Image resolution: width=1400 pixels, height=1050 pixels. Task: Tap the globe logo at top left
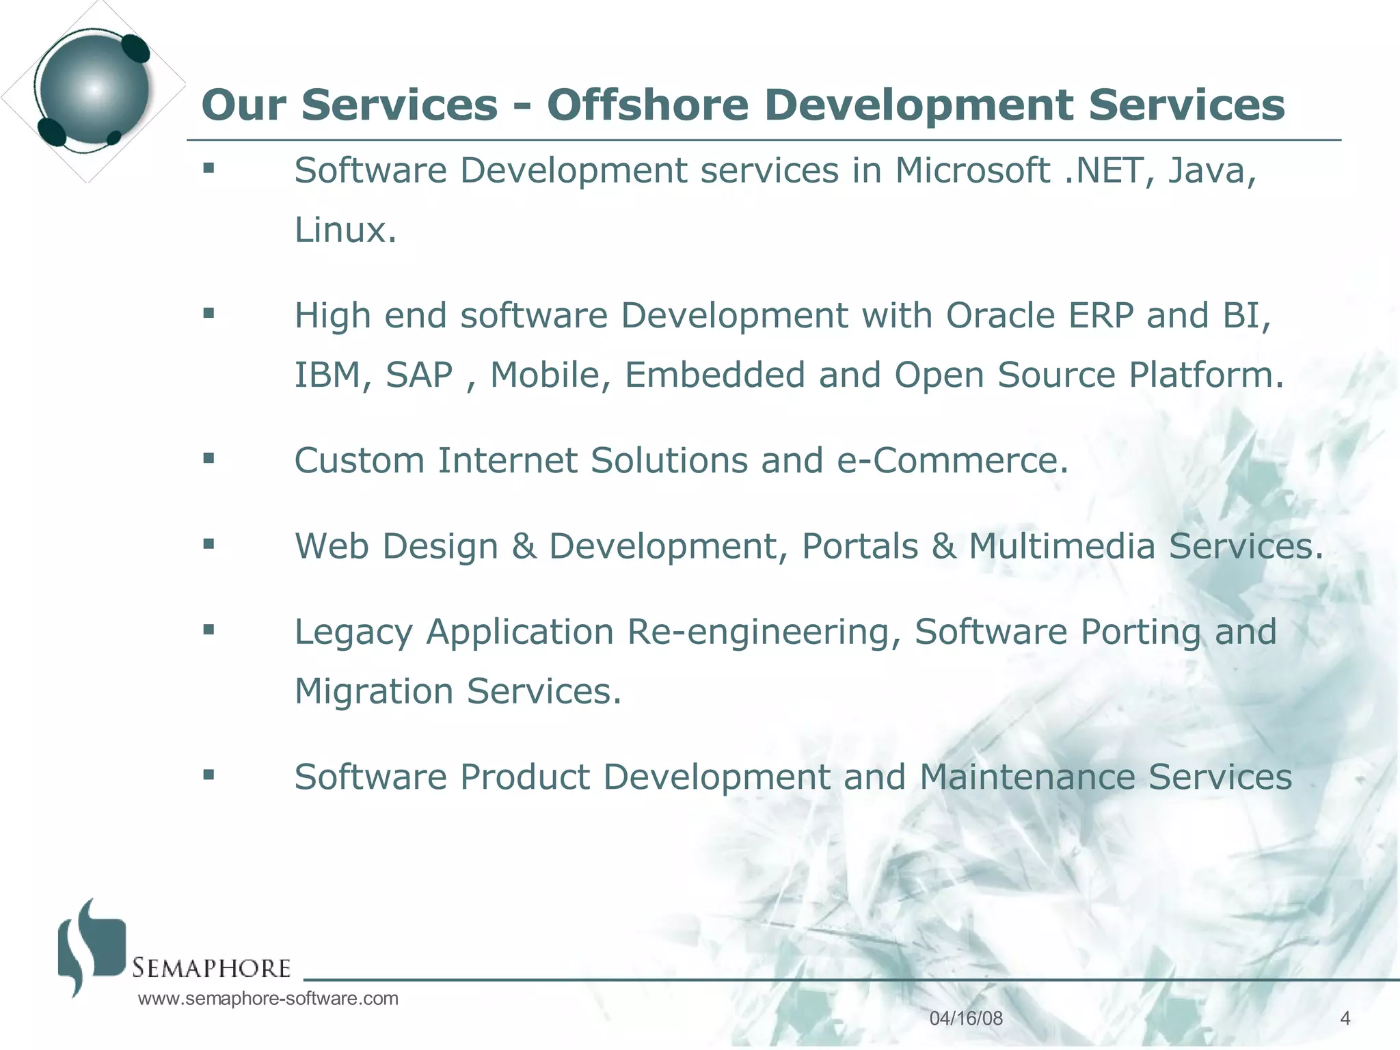coord(94,90)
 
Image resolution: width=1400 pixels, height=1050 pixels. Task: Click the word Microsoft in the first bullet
coord(972,170)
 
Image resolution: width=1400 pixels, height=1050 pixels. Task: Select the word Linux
coord(345,230)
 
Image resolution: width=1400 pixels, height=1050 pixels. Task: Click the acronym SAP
coord(419,375)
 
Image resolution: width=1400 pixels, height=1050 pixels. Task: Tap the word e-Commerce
coord(952,460)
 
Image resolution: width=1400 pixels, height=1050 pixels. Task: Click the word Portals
coord(860,546)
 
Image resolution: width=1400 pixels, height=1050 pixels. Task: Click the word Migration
coord(374,691)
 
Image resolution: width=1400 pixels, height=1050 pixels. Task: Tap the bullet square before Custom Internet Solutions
coord(209,458)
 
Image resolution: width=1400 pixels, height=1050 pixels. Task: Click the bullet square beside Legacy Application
coord(209,629)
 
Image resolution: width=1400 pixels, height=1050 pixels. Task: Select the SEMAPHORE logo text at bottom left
coord(211,968)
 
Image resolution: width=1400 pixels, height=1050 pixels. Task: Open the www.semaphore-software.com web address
coord(268,999)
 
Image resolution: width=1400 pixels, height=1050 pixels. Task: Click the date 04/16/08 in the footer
coord(966,1019)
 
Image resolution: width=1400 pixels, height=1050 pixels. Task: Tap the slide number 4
coord(1345,1019)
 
